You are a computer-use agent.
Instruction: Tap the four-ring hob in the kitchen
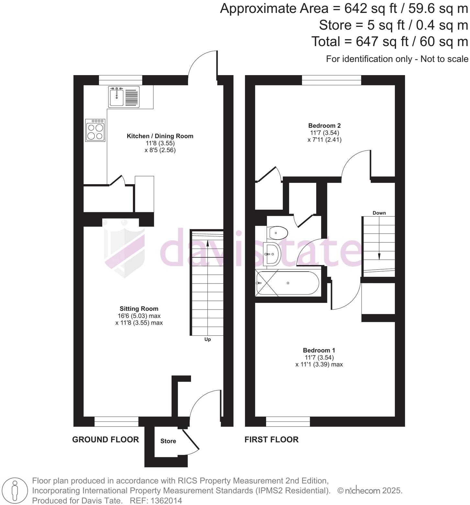pyautogui.click(x=95, y=130)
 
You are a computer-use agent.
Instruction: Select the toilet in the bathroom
pyautogui.click(x=278, y=232)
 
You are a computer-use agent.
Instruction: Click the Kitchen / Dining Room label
pyautogui.click(x=160, y=136)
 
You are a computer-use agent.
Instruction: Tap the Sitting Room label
pyautogui.click(x=139, y=309)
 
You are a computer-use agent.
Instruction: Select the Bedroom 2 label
pyautogui.click(x=324, y=126)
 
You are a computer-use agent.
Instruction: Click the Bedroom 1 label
pyautogui.click(x=319, y=350)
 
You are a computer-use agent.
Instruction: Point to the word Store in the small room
pyautogui.click(x=168, y=441)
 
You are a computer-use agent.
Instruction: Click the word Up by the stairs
pyautogui.click(x=207, y=339)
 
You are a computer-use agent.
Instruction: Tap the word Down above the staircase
pyautogui.click(x=379, y=213)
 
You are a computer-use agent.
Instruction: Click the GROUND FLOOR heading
pyautogui.click(x=106, y=439)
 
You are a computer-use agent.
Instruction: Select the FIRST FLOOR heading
pyautogui.click(x=271, y=439)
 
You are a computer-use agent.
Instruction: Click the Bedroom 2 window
pyautogui.click(x=331, y=80)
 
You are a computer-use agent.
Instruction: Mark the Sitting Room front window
pyautogui.click(x=117, y=421)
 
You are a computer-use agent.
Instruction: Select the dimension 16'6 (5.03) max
pyautogui.click(x=139, y=316)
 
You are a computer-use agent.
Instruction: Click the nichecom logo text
pyautogui.click(x=362, y=491)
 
